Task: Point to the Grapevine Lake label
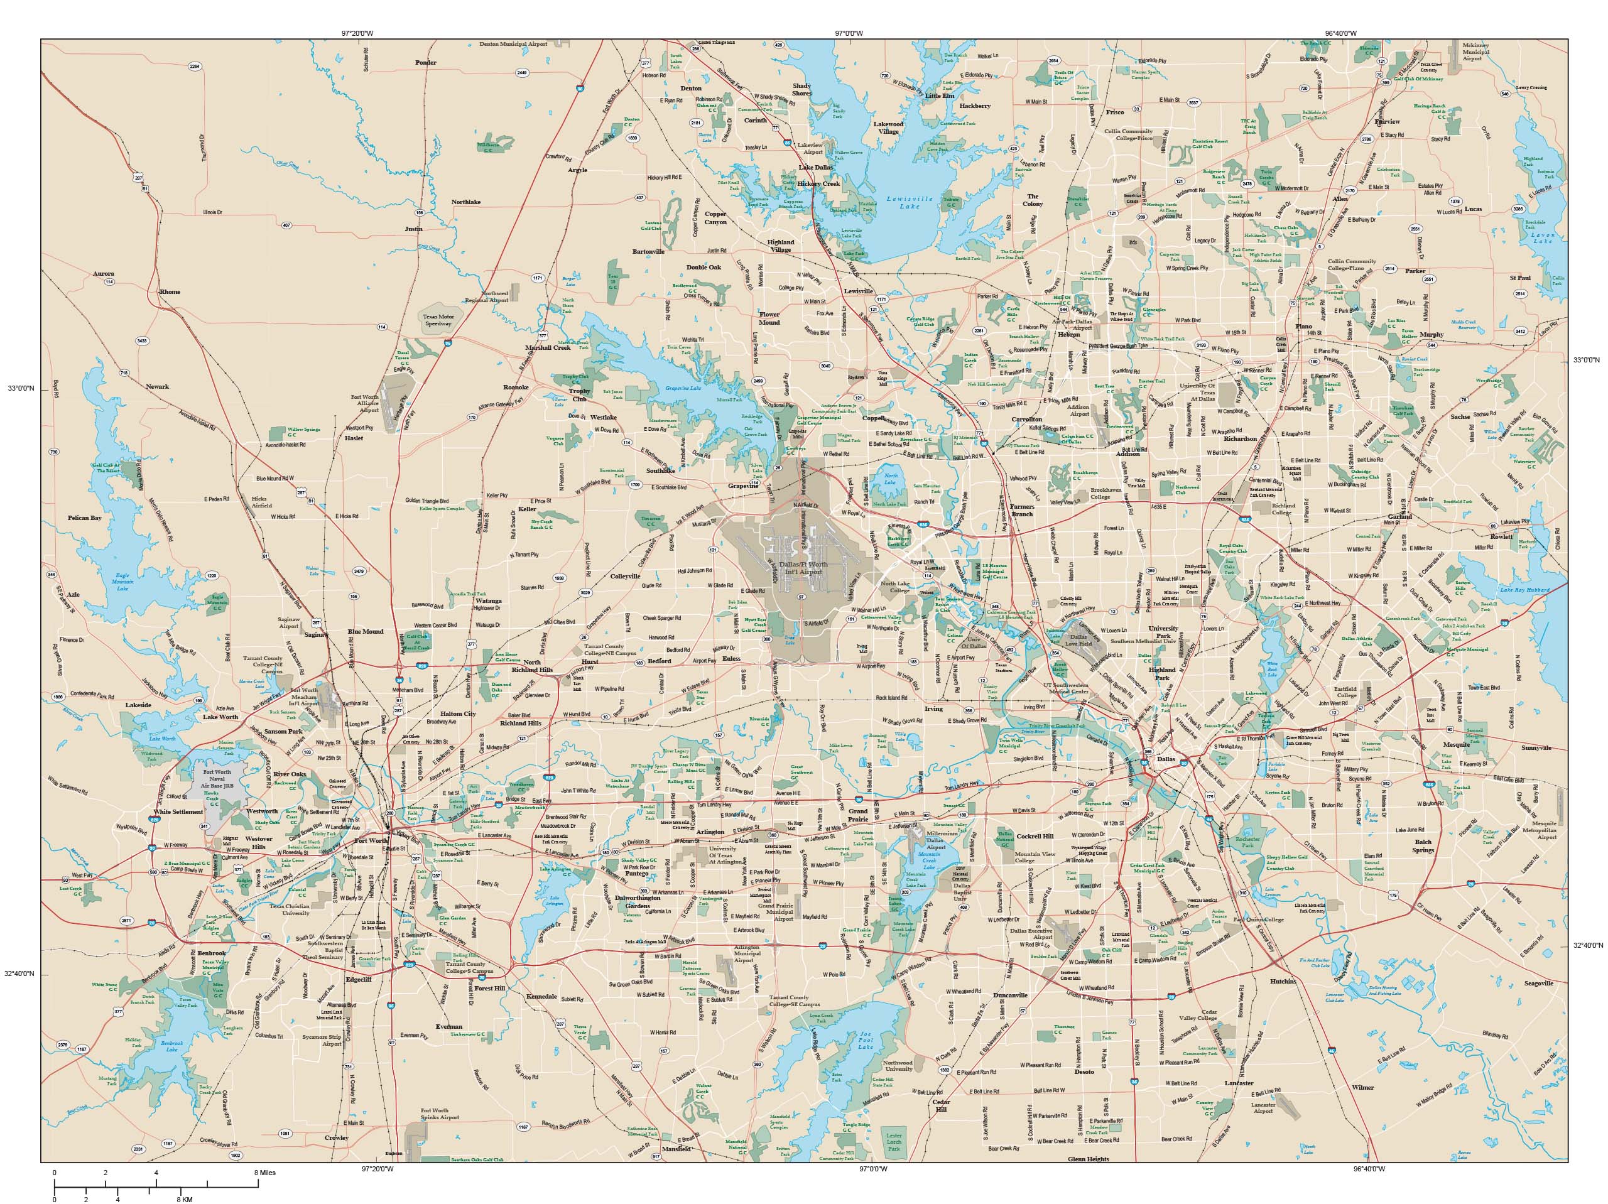coord(683,389)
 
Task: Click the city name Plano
coord(1303,327)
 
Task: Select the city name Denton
coord(690,88)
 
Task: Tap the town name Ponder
coord(425,63)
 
